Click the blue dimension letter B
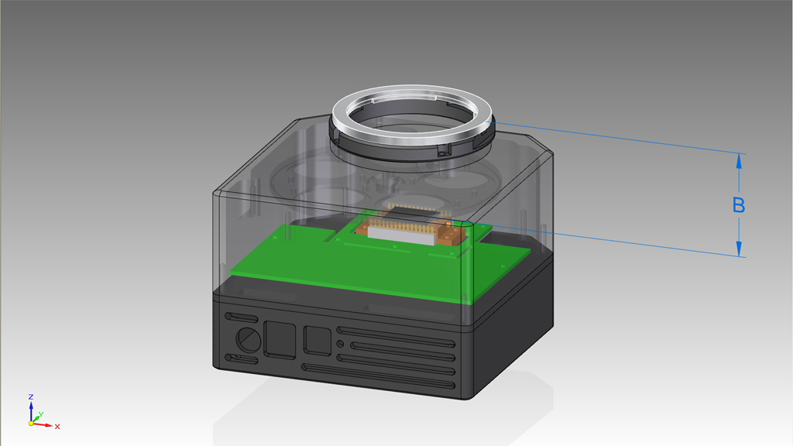[x=738, y=205]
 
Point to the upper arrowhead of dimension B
[x=739, y=162]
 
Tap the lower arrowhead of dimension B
[x=739, y=249]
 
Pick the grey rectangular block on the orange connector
[x=401, y=235]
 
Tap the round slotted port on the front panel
[x=248, y=340]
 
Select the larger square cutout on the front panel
[x=280, y=340]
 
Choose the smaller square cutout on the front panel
[x=317, y=341]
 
